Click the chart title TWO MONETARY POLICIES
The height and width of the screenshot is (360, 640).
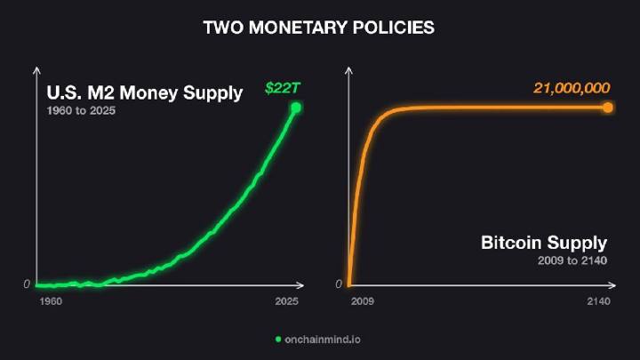pos(319,28)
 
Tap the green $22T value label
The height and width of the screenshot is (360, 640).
pos(283,88)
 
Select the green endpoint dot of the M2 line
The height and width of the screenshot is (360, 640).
pos(296,108)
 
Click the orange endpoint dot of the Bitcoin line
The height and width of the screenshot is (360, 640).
pos(608,108)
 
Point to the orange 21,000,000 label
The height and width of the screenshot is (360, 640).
pos(572,88)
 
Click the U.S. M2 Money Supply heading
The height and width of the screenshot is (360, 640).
pos(145,92)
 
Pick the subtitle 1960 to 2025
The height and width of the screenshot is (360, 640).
pos(81,110)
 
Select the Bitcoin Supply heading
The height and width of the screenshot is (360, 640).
pos(544,243)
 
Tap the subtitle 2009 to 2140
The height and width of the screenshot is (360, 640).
pos(572,260)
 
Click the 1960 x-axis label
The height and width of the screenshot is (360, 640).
pos(51,301)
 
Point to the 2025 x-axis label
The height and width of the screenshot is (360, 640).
pos(286,301)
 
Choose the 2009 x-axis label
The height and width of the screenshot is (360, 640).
pos(363,301)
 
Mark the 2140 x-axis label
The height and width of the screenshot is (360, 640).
pos(599,301)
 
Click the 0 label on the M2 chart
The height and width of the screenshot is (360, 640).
pos(27,284)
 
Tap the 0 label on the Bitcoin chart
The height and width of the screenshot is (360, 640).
pos(339,284)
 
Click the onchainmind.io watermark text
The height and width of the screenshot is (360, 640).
pos(323,340)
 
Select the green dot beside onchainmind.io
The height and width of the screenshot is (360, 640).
pos(278,340)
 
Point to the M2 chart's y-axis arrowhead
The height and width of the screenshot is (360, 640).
pos(36,70)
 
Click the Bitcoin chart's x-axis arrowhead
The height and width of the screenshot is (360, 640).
pos(612,285)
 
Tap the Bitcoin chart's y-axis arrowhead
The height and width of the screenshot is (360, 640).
pos(348,70)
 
